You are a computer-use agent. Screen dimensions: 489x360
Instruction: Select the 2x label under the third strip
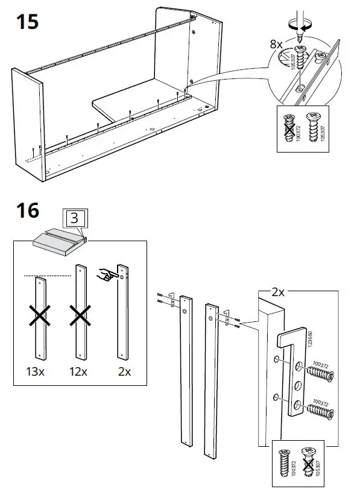click(124, 371)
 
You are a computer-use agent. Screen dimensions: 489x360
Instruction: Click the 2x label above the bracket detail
click(278, 292)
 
